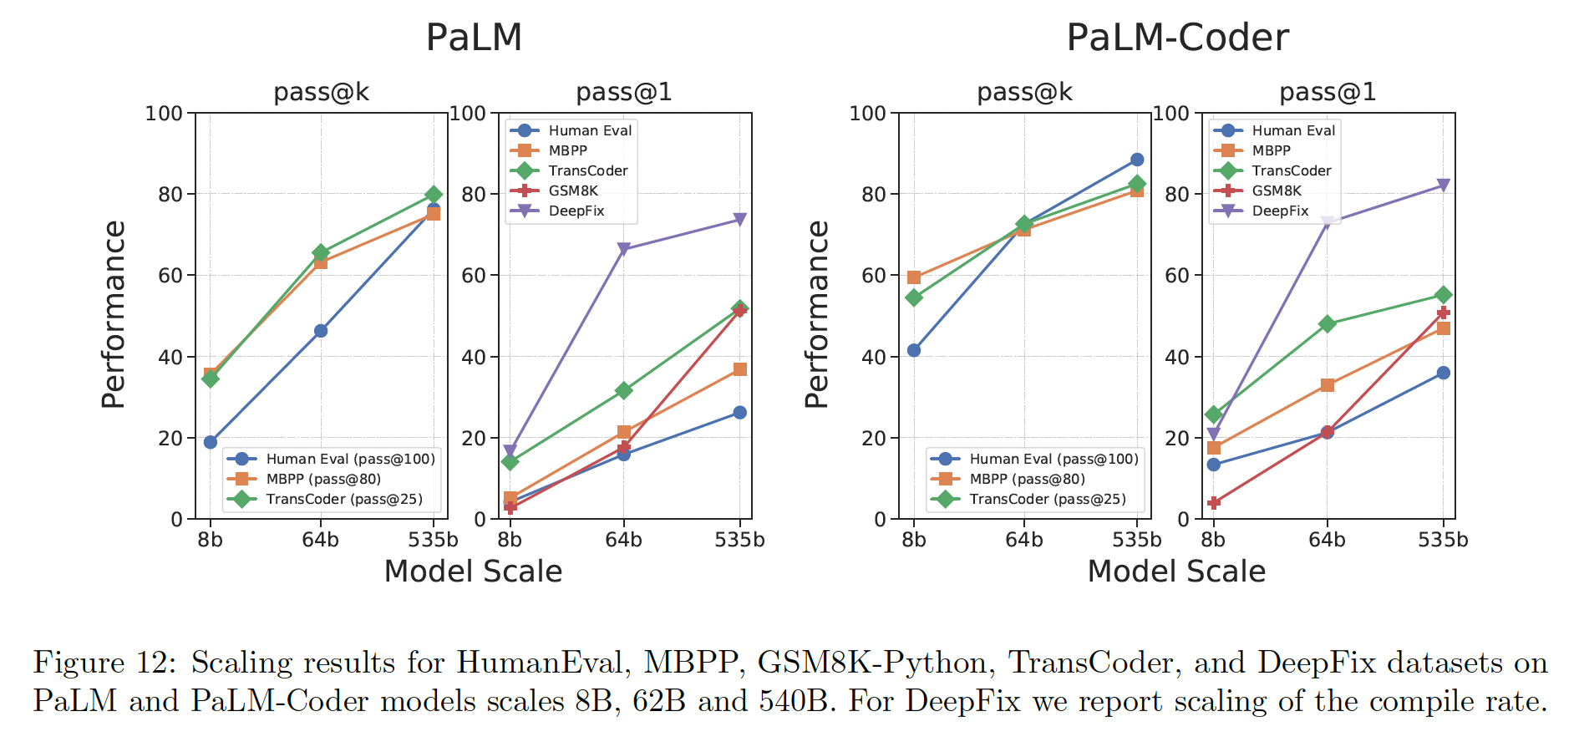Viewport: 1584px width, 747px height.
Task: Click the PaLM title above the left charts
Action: tap(474, 38)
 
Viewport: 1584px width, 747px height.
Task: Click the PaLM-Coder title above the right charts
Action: tap(1177, 38)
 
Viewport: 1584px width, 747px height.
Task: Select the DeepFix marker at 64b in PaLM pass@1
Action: tap(624, 249)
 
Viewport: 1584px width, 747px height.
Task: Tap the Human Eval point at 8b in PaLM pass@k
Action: tap(211, 442)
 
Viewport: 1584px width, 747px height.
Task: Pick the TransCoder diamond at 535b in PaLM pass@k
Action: tap(434, 195)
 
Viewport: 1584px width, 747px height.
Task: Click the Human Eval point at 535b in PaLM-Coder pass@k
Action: tap(1137, 160)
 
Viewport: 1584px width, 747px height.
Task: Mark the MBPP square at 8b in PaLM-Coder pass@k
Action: tap(914, 277)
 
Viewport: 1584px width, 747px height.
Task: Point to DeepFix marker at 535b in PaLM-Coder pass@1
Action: tap(1444, 185)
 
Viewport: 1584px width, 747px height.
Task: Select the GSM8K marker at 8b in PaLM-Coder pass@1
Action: tap(1214, 503)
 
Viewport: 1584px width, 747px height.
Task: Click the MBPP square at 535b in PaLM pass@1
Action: tap(740, 369)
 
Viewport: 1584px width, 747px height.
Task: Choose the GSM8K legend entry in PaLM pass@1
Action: tap(572, 191)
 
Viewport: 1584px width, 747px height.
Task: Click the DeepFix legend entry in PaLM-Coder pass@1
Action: tap(1279, 211)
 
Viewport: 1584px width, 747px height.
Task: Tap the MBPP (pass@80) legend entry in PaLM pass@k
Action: tap(322, 479)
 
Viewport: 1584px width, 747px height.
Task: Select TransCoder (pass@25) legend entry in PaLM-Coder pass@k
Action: tap(1047, 499)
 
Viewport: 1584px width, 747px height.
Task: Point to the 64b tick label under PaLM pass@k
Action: tap(321, 540)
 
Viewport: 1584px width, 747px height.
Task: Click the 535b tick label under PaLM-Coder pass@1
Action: tap(1443, 540)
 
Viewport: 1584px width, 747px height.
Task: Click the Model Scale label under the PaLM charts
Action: tap(473, 572)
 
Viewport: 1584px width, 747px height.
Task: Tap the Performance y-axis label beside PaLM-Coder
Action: tap(817, 315)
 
